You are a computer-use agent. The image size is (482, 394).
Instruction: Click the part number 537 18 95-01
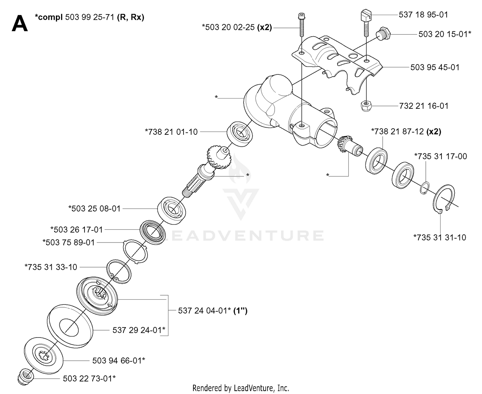(423, 15)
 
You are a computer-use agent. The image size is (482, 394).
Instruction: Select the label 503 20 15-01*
(445, 34)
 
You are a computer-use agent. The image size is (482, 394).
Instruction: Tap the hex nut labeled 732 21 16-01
(366, 106)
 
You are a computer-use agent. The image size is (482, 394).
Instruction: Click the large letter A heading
(20, 23)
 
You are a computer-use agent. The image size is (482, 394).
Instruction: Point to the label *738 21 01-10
(171, 132)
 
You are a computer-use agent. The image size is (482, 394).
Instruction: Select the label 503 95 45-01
(435, 67)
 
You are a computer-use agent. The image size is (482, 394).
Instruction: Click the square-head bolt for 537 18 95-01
(366, 22)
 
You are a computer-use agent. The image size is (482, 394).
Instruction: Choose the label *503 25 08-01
(94, 209)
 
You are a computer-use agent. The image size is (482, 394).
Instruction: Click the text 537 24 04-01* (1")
(213, 311)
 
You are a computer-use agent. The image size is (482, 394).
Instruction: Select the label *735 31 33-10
(51, 267)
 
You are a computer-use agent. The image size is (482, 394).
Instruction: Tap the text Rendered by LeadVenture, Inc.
(241, 388)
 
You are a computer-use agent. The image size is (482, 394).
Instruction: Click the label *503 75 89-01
(69, 242)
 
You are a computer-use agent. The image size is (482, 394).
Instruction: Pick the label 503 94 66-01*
(119, 360)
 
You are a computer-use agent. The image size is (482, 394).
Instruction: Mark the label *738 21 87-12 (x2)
(406, 132)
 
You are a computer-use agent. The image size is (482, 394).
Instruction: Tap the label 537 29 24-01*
(139, 330)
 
